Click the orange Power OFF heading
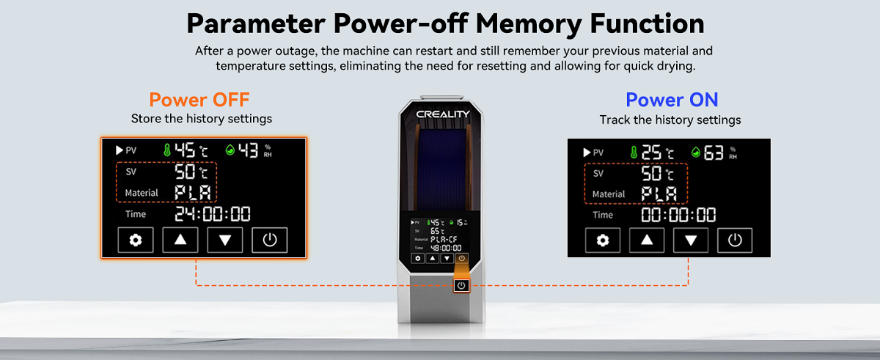pyautogui.click(x=199, y=100)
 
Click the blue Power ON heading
pyautogui.click(x=672, y=100)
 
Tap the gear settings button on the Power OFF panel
pyautogui.click(x=136, y=240)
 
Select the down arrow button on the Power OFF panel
pyautogui.click(x=224, y=240)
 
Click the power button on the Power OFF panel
pyautogui.click(x=269, y=240)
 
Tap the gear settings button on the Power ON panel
pyautogui.click(x=602, y=240)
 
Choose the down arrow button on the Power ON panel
pyautogui.click(x=691, y=240)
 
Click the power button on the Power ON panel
pyautogui.click(x=735, y=240)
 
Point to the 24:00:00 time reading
pyautogui.click(x=213, y=214)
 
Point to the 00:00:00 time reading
pyautogui.click(x=678, y=215)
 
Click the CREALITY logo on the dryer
pyautogui.click(x=443, y=114)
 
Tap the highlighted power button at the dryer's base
pyautogui.click(x=461, y=285)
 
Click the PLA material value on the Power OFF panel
pyautogui.click(x=193, y=193)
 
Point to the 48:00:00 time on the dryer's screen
pyautogui.click(x=446, y=248)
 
